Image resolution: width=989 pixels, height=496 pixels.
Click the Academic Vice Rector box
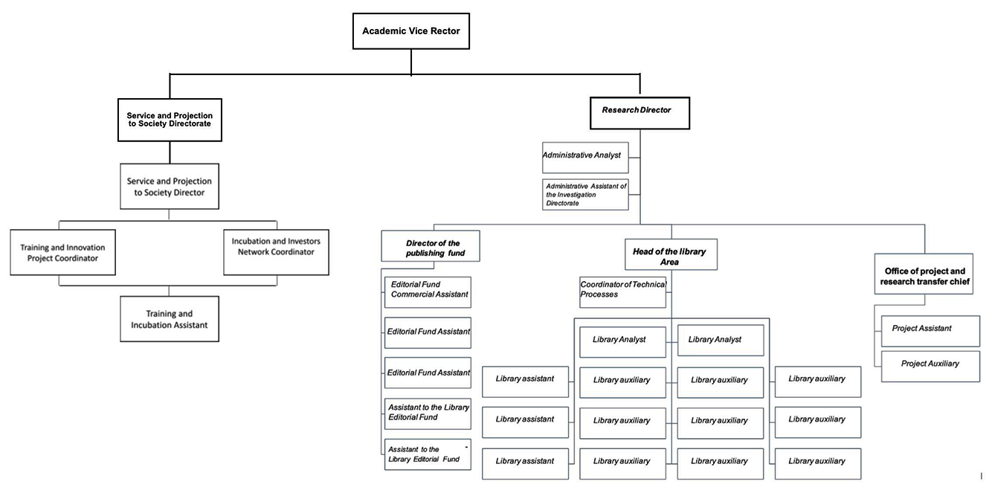411,31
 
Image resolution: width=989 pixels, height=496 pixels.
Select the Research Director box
640,113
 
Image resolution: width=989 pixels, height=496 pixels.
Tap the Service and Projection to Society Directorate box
170,120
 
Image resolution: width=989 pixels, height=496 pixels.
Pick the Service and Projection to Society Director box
170,187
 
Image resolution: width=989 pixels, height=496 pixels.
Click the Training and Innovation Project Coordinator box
62,252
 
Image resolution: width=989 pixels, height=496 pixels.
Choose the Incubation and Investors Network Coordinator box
276,252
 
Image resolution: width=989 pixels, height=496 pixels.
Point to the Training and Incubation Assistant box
170,319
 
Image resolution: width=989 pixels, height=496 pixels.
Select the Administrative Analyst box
585,157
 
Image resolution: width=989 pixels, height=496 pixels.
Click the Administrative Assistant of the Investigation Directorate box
585,194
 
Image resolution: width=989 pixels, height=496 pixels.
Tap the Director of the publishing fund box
431,246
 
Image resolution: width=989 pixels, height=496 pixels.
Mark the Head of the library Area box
671,254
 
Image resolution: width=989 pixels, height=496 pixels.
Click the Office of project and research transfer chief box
924,274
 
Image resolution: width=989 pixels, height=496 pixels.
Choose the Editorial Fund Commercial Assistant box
428,292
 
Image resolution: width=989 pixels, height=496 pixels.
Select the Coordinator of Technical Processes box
623,292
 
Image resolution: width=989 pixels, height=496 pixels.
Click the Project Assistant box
930,331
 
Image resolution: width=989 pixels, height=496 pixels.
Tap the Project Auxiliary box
930,367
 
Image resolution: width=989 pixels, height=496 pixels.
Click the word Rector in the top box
445,31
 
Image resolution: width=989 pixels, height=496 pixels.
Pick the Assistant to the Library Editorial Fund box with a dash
428,454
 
